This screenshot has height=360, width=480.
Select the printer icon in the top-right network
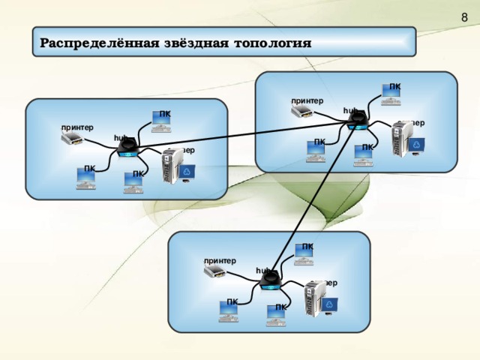[302, 112]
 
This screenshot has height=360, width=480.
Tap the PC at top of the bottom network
[304, 254]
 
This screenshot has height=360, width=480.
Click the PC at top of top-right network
[391, 94]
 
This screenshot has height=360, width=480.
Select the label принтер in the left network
[77, 127]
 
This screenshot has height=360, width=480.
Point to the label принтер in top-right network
[307, 100]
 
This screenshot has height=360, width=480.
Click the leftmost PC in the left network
[85, 177]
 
